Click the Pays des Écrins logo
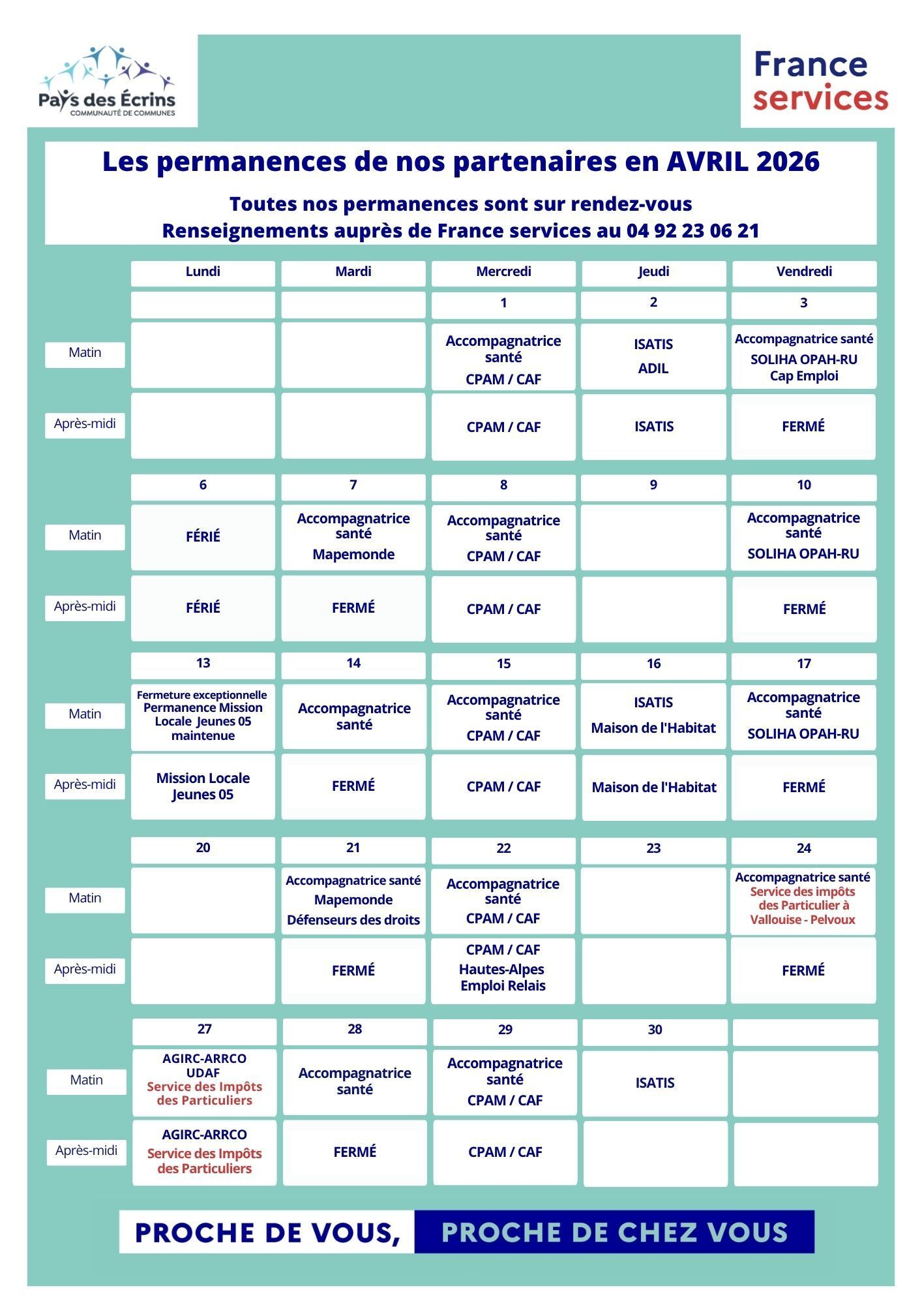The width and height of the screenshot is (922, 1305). coord(108,82)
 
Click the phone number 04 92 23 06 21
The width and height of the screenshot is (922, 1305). coord(692,231)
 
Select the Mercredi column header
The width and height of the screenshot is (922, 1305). coord(503,272)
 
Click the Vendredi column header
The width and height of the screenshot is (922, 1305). coord(804,272)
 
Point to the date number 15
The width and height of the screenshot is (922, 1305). coord(503,664)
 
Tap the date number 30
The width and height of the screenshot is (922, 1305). coord(655,1030)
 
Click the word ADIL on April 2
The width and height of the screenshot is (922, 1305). coord(653,369)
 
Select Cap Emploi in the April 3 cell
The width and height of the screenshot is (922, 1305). coord(804,376)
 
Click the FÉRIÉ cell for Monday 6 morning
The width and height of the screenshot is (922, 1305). coord(203,536)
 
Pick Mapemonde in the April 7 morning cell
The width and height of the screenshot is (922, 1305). coord(353,555)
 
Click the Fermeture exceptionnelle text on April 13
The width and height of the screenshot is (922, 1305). coord(202,695)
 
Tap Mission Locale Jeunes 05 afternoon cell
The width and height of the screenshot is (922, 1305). coord(203,786)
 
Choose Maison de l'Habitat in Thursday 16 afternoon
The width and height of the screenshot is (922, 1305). coord(654,788)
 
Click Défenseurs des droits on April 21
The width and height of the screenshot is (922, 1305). coord(353,920)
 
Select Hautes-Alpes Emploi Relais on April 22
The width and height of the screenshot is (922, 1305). coord(502,977)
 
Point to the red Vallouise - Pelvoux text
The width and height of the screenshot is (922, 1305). coord(803,919)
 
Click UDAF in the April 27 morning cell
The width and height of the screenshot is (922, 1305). coord(203,1073)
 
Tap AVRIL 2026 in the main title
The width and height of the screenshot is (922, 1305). coord(743,162)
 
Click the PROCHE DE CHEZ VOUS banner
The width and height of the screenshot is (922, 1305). coord(614,1233)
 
